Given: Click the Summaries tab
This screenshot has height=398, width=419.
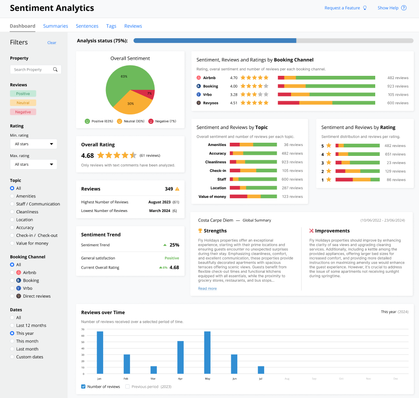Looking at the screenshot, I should pos(56,26).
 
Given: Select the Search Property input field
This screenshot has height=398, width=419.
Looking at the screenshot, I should pos(33,69).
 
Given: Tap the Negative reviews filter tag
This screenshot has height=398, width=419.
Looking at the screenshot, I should pos(23,112).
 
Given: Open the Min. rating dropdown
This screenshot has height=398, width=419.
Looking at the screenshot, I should pos(33,144).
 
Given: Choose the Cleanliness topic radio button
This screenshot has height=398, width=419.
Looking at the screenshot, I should pos(12,212).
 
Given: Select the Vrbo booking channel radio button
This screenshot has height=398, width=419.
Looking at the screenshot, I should pos(12,288).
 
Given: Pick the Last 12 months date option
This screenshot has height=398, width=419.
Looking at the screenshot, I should pos(12,325).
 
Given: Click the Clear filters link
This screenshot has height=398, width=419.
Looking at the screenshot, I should pos(52,43).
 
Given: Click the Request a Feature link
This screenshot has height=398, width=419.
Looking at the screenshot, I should pos(342,8).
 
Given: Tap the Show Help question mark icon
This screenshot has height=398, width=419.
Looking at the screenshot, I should pos(404,8).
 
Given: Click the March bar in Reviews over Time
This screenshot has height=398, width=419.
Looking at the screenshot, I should pos(153,370).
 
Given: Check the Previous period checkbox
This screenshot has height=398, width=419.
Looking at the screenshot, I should pos(128,387).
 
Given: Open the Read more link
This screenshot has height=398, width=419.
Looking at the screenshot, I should pos(207,288).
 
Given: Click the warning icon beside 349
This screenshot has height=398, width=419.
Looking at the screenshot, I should pos(177,189).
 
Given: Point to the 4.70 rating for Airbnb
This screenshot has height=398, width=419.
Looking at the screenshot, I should pos(234,78).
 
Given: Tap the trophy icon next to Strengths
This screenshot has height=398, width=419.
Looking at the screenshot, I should pos(200,231).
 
